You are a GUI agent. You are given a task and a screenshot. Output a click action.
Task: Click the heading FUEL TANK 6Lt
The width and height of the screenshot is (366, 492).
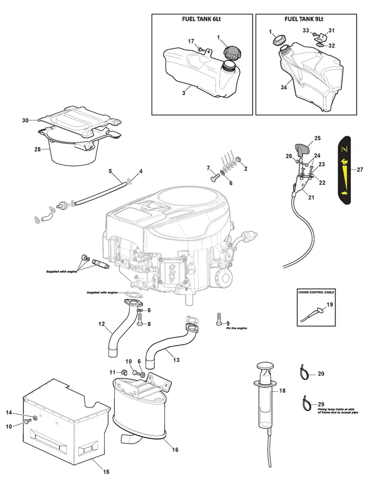(x=201, y=19)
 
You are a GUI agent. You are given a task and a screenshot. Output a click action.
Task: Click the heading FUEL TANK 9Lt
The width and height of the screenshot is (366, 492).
(x=304, y=19)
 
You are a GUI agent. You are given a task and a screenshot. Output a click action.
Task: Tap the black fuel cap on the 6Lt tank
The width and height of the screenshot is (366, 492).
(x=232, y=52)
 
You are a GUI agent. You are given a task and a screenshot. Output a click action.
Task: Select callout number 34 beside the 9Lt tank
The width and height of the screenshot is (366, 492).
(x=284, y=87)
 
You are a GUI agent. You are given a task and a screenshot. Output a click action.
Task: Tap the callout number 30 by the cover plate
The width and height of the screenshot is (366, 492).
(x=25, y=120)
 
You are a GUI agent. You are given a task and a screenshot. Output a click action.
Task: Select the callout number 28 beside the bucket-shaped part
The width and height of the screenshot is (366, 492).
(x=38, y=150)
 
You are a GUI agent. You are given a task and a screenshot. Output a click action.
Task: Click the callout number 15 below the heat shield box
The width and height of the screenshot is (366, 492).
(x=106, y=472)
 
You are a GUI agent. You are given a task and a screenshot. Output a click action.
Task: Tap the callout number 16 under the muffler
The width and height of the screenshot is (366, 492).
(x=175, y=450)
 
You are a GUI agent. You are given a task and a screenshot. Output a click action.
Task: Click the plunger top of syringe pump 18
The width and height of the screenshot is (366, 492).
(x=265, y=366)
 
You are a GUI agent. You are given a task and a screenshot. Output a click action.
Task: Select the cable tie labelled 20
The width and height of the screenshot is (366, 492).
(x=304, y=372)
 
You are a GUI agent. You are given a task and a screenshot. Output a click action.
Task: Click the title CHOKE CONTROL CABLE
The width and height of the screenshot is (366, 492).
(x=316, y=292)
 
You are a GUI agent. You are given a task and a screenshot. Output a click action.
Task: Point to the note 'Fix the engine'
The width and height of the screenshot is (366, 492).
(x=237, y=328)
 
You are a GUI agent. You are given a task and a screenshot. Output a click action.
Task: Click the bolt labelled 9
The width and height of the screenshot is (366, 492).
(x=219, y=320)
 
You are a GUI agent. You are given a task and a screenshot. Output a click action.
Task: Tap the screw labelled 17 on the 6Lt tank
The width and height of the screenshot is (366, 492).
(x=201, y=49)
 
